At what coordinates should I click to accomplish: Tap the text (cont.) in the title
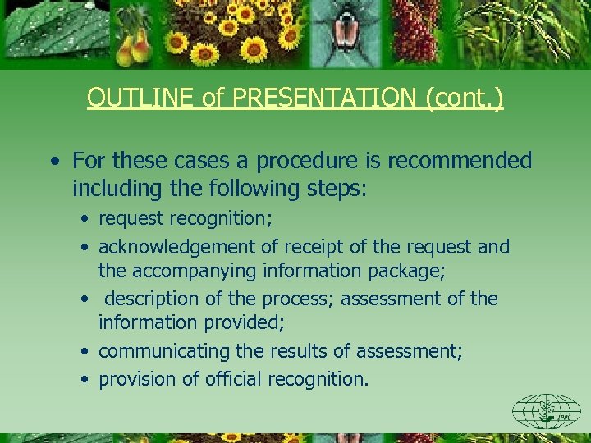[x=464, y=98]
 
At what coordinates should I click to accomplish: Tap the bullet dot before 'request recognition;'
[x=86, y=220]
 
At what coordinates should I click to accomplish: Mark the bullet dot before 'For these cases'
[x=53, y=161]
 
